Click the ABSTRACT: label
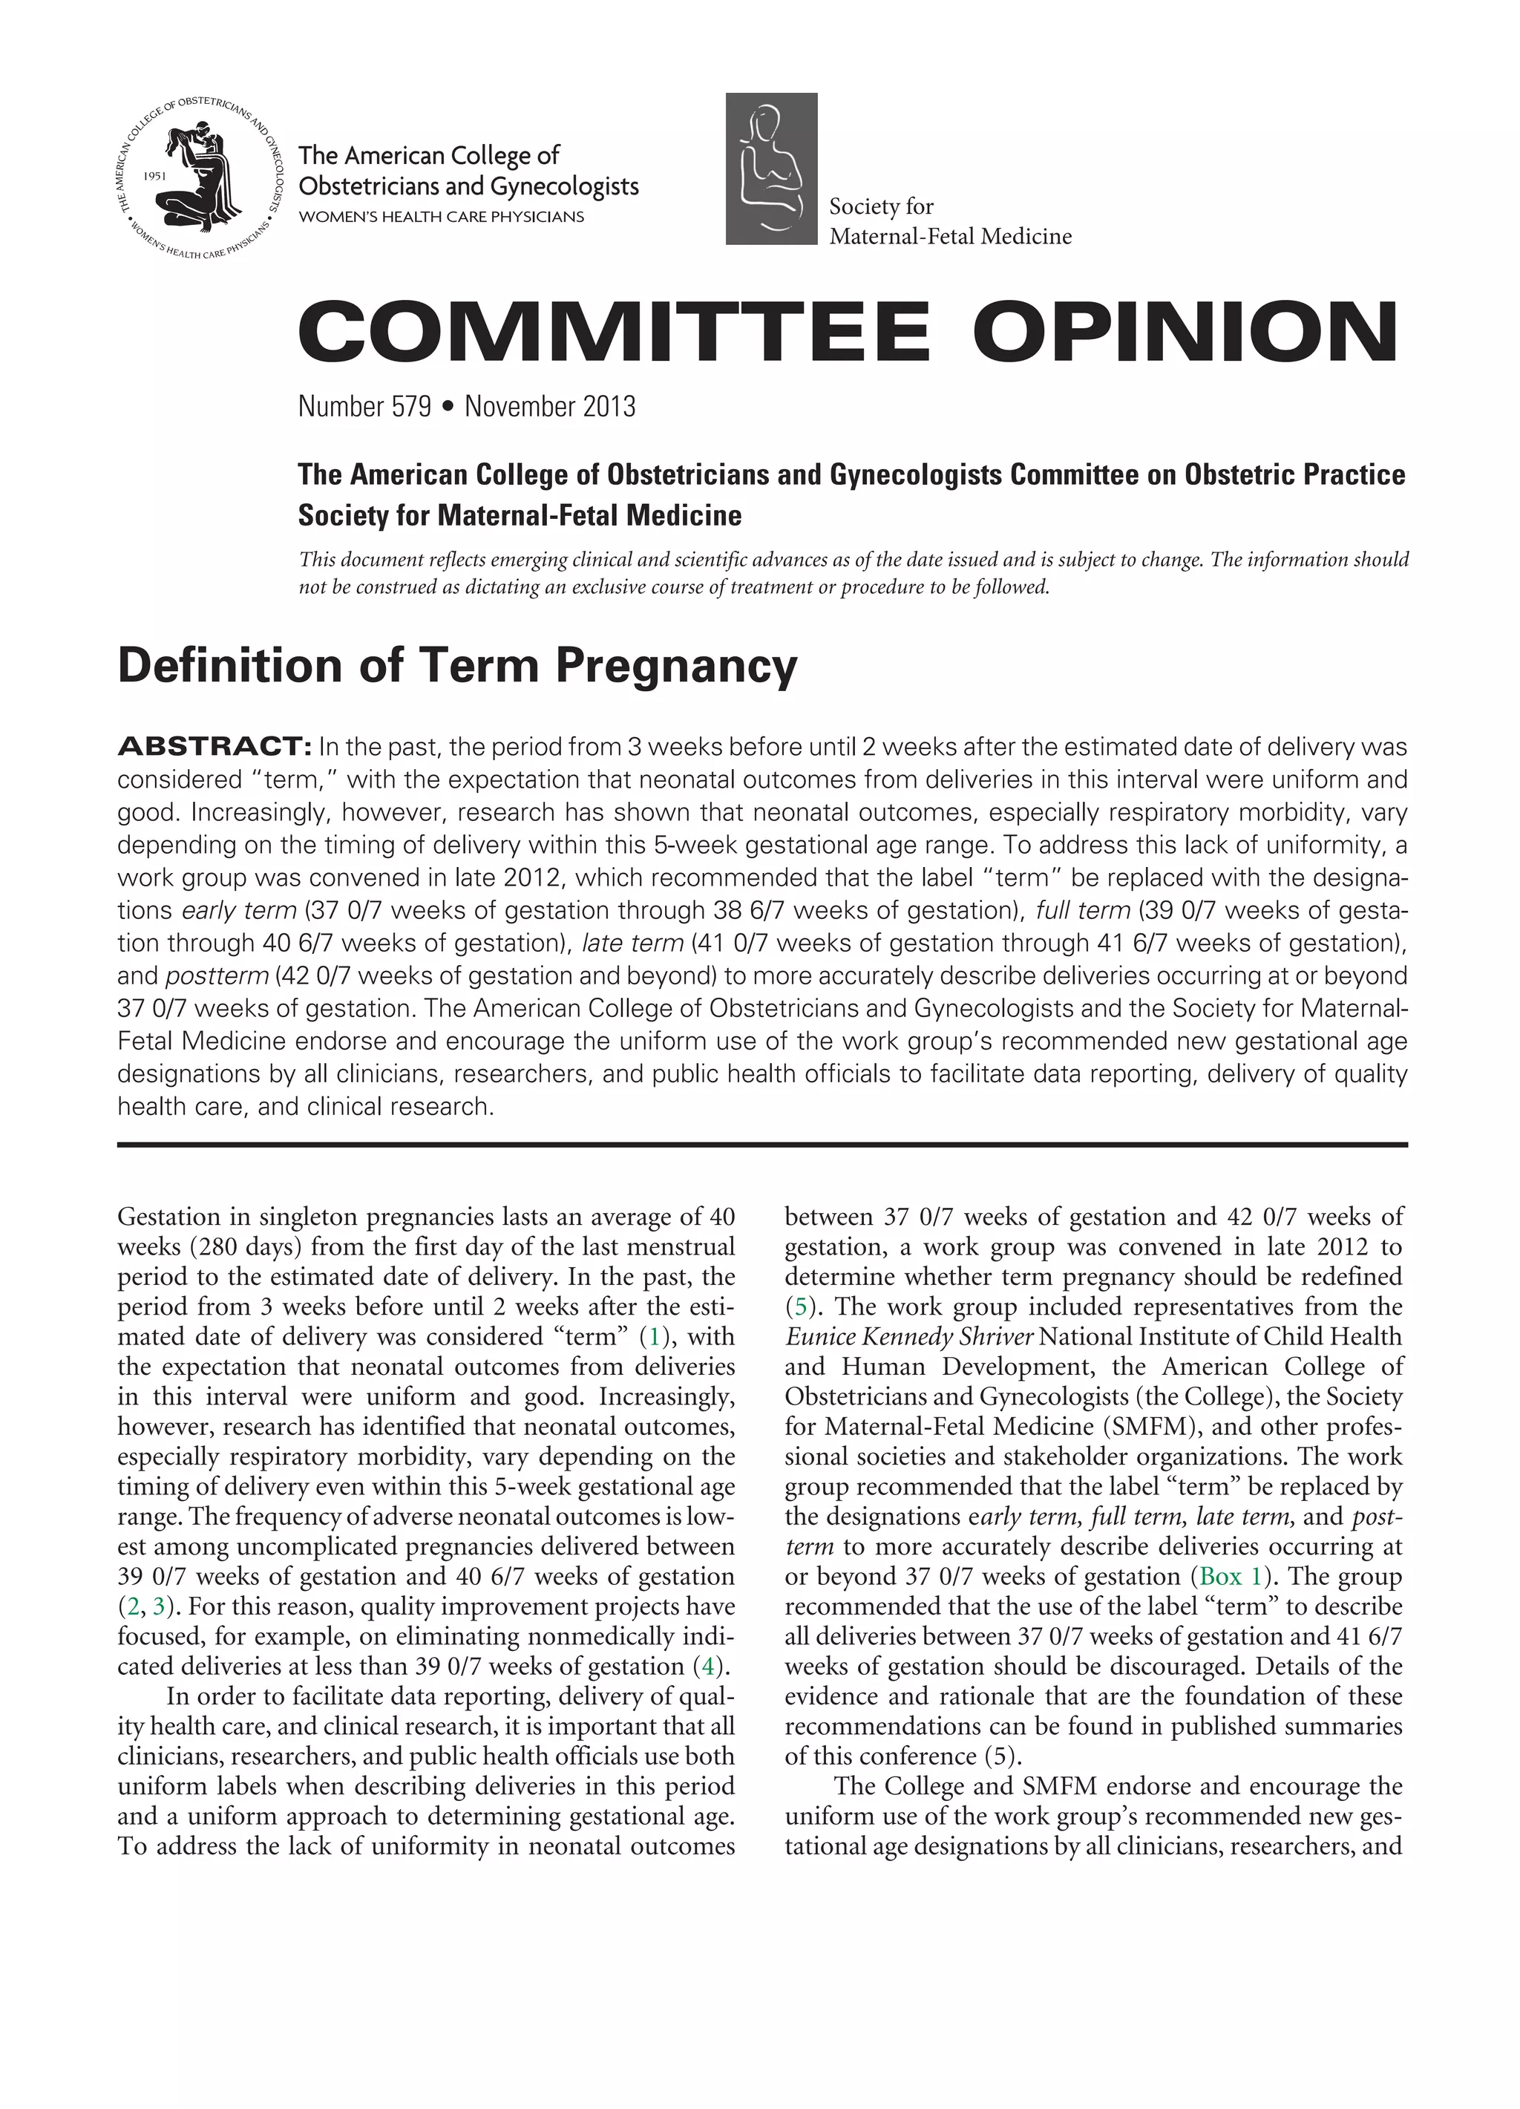(214, 747)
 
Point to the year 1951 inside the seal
(156, 174)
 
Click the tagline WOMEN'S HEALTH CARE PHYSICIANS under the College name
(441, 217)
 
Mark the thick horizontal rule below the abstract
(761, 1145)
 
